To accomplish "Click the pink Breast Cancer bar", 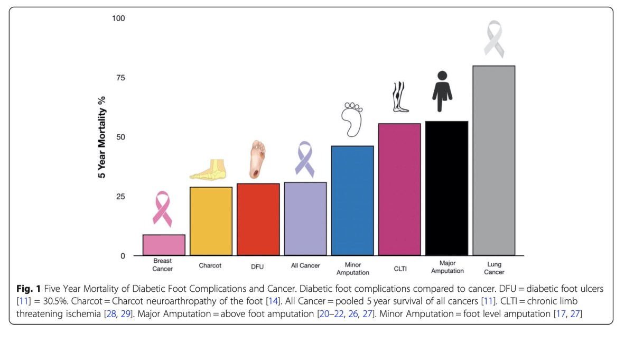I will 163,245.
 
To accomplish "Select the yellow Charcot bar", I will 211,221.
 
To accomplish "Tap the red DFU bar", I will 258,220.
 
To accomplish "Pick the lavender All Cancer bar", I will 305,219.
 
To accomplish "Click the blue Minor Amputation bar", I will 352,201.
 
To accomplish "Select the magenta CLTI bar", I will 399,190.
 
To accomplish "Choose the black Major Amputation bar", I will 447,189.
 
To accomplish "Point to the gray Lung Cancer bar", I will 493,161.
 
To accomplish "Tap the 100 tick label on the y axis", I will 118,19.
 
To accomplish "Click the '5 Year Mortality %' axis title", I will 101,137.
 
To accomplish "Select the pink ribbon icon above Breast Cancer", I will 162,209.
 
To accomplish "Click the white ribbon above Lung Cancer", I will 494,39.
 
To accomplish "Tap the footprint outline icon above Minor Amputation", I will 352,119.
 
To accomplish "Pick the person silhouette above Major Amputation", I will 443,91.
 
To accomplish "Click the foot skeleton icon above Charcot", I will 209,170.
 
